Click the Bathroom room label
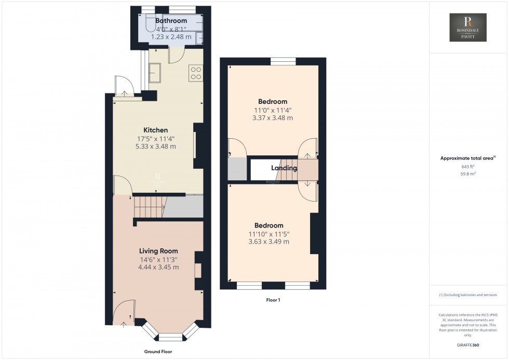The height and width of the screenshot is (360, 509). [171, 21]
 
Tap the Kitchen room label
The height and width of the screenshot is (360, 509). [156, 130]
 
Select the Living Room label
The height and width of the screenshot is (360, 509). [158, 251]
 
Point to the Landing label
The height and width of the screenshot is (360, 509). [284, 168]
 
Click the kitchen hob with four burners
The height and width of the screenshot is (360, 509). [196, 73]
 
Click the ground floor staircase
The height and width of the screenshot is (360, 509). [150, 207]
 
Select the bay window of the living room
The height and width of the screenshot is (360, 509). [171, 332]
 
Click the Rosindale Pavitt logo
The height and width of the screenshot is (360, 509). [468, 28]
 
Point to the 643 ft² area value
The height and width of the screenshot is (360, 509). [468, 167]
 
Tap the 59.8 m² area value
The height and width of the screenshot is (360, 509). [468, 175]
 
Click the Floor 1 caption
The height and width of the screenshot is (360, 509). [273, 300]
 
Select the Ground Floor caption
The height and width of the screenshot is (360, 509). [158, 352]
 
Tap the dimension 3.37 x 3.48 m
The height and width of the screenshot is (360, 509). [273, 118]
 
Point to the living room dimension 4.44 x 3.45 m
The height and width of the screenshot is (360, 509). [158, 267]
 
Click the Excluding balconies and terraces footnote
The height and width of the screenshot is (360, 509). [468, 295]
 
